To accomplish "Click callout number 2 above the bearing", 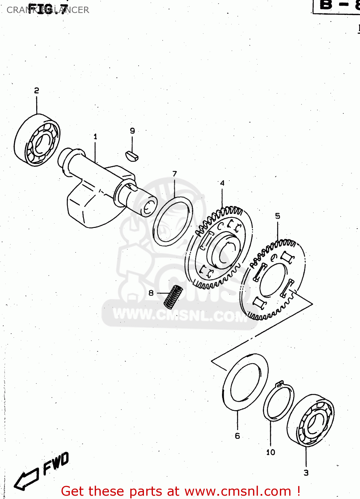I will pos(37,90).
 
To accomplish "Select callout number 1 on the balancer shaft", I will pos(95,136).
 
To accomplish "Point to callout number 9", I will pos(132,131).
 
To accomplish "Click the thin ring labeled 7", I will pos(173,221).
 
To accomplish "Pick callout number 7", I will pos(175,174).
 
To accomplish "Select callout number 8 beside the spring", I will pos(151,293).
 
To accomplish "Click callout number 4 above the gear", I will pos(222,183).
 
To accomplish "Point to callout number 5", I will pos(278,216).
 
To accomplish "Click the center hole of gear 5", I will pos(273,279).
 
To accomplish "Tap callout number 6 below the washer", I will pos(237,436).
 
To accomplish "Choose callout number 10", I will pos(271,452).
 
